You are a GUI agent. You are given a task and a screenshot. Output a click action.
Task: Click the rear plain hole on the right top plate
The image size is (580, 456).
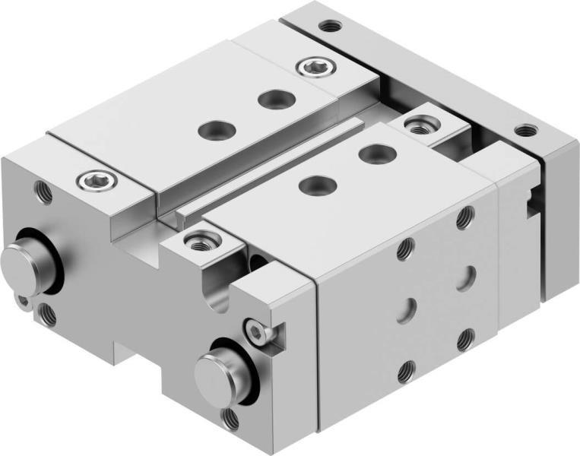(372, 154)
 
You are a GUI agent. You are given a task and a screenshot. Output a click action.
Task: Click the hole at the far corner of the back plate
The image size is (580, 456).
(329, 26)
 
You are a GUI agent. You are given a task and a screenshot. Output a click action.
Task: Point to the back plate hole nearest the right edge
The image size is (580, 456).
(524, 130)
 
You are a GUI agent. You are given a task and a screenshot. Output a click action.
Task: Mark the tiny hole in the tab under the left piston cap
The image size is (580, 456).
(26, 300)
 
